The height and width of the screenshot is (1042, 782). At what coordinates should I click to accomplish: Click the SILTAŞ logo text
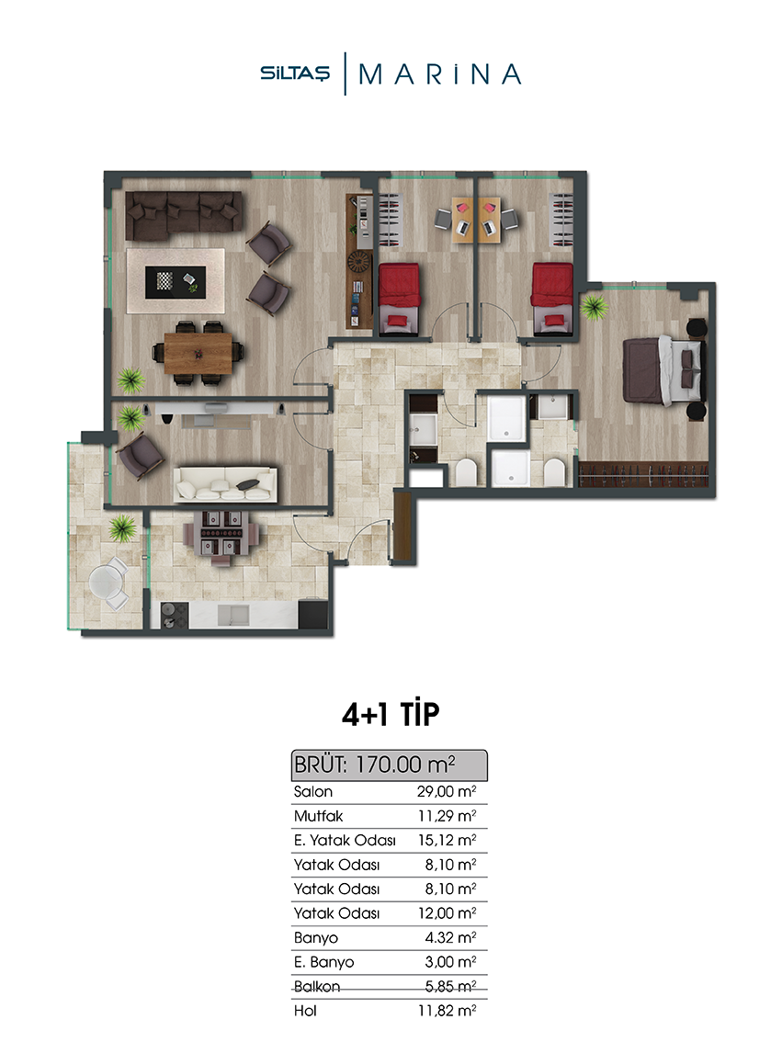tap(294, 74)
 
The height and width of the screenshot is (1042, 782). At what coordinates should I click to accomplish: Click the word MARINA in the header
tap(439, 74)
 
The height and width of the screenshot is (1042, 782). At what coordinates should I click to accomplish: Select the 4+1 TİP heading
tap(391, 714)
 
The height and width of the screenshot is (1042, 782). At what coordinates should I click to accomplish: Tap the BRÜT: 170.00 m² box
tap(390, 765)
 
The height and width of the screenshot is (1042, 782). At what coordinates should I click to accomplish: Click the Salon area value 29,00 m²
tap(447, 791)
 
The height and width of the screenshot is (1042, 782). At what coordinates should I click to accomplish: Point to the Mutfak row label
tap(318, 816)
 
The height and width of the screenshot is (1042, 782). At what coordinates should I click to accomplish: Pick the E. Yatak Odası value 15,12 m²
tap(447, 840)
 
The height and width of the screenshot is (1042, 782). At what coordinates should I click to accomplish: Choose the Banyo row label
tap(315, 937)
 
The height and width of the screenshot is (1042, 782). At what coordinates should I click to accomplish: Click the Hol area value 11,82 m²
tap(447, 1011)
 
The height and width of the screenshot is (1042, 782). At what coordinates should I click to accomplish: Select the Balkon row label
tap(317, 986)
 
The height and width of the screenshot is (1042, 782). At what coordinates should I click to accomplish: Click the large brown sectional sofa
tap(184, 215)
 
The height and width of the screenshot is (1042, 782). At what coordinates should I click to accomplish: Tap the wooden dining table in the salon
tap(198, 354)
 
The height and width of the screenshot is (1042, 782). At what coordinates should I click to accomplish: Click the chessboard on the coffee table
tap(164, 281)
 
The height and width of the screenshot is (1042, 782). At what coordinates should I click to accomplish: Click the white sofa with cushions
tap(225, 483)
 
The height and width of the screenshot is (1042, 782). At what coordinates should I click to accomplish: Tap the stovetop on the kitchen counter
tap(175, 615)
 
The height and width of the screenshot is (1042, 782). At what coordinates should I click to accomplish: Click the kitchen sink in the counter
tap(233, 615)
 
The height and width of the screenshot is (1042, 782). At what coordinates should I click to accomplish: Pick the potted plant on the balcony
tap(122, 528)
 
